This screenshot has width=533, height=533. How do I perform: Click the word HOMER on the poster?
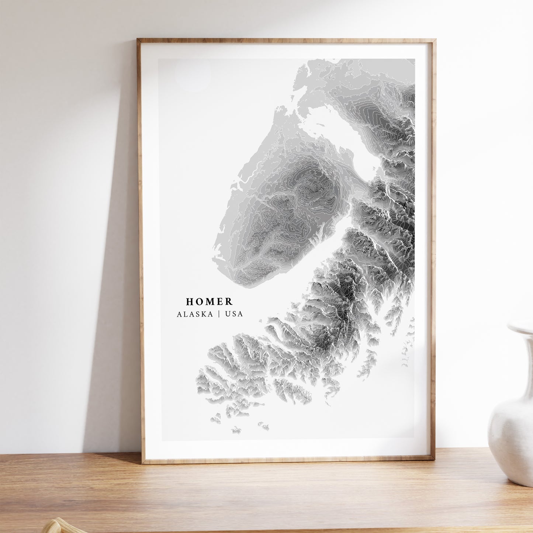coord(209,302)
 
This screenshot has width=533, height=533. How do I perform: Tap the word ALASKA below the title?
coord(195,314)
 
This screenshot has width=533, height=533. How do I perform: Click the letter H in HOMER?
coord(190,302)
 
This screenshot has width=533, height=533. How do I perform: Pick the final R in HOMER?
coord(229,302)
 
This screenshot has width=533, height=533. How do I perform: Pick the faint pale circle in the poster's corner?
coord(193,75)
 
